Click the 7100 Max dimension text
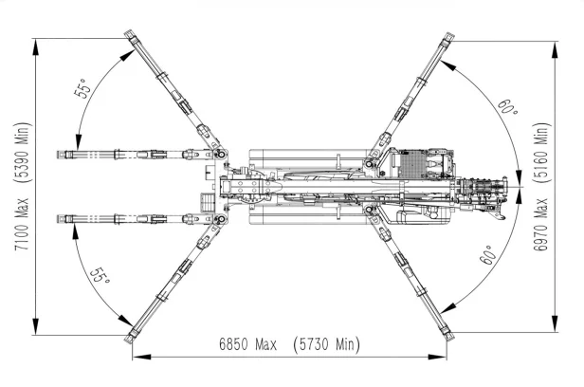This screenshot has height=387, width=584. point(22,224)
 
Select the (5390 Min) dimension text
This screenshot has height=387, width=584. point(22,153)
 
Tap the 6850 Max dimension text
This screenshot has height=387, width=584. point(248,343)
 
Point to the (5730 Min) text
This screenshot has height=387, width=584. point(326,344)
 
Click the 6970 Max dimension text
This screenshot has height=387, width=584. point(540,225)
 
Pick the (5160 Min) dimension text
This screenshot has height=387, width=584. point(540,153)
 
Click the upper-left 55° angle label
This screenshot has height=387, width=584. point(83,88)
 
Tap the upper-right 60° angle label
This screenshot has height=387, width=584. point(507,107)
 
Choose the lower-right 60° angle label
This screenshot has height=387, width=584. point(488,254)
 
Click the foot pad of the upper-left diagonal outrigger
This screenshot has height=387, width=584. point(130,34)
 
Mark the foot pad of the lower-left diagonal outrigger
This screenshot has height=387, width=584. point(130,338)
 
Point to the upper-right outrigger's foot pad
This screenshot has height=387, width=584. point(449,37)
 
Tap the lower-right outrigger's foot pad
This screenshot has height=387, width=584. point(449,335)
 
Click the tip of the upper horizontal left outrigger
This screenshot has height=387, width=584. point(58,155)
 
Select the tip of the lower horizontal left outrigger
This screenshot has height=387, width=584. point(58,219)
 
